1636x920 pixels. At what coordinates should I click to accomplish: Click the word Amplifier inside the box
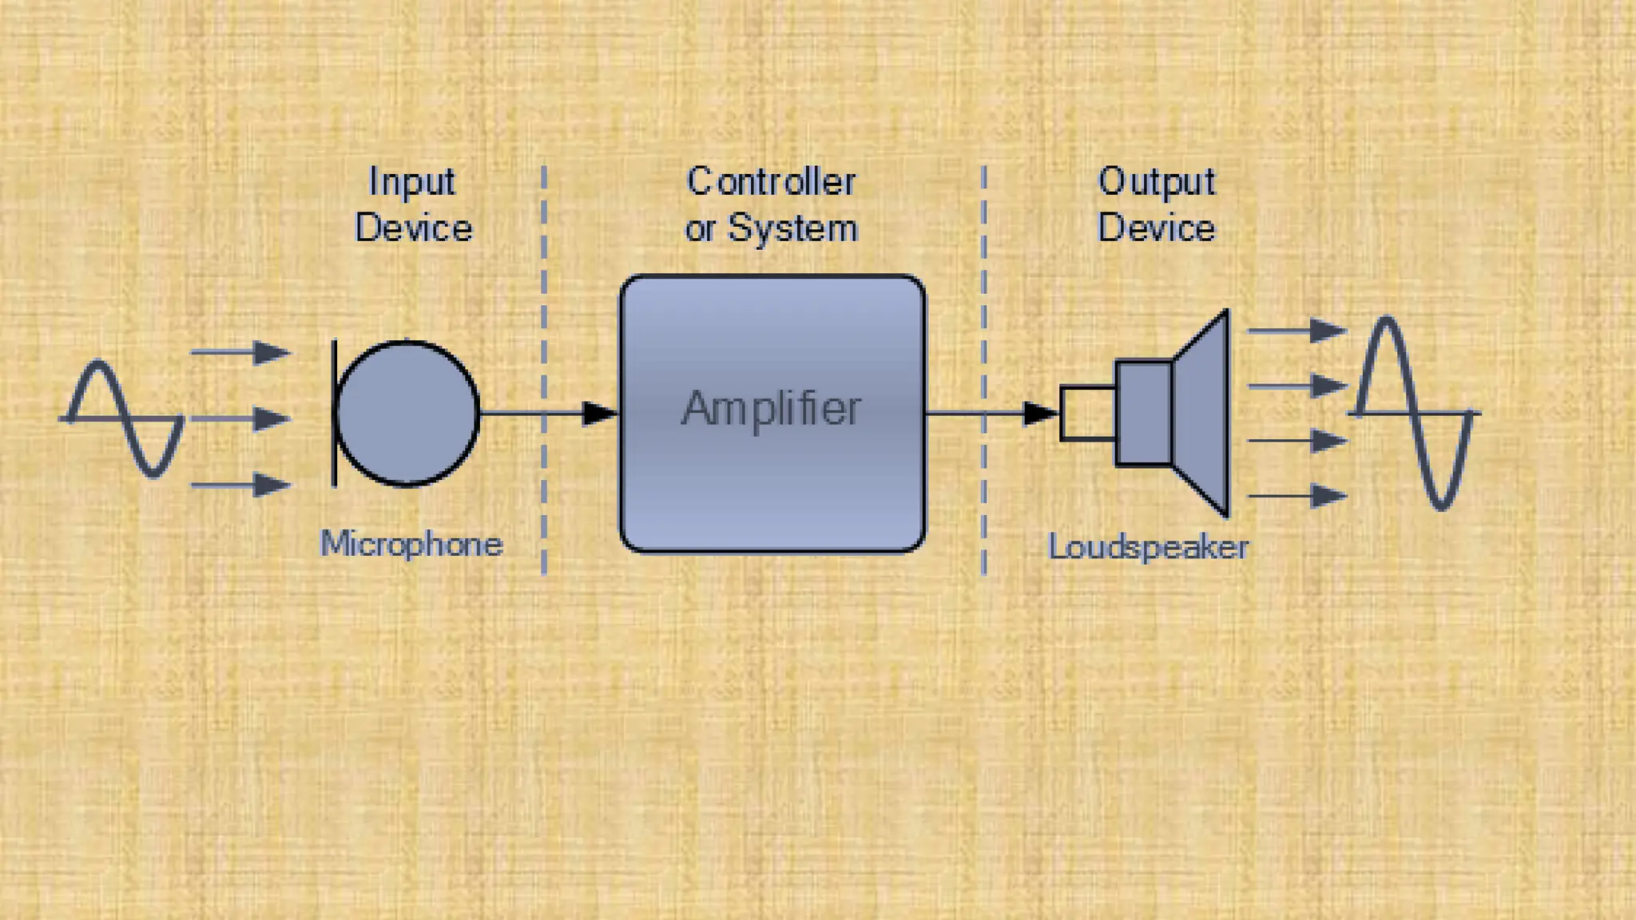(771, 410)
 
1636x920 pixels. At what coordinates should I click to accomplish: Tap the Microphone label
(411, 545)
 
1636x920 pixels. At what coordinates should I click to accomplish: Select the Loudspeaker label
(1148, 548)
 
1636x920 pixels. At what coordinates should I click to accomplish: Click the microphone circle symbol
(407, 413)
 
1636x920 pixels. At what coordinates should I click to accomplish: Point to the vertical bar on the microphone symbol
(334, 413)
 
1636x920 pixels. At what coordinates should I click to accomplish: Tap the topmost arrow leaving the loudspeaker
(1297, 330)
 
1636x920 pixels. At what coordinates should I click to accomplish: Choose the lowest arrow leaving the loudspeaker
(1297, 496)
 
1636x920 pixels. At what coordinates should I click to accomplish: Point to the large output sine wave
(1414, 413)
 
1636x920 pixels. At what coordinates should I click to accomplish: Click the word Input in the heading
(411, 182)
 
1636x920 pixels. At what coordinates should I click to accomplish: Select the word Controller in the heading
(771, 182)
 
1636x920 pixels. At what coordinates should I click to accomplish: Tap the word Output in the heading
(1156, 182)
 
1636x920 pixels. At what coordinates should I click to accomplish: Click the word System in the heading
(792, 229)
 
